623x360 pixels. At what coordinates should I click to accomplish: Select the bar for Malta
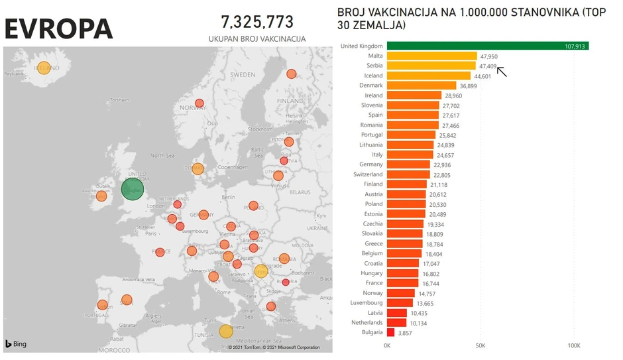(431, 56)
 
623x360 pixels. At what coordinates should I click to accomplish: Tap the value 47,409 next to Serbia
(486, 66)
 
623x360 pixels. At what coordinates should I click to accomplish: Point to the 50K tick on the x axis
(481, 346)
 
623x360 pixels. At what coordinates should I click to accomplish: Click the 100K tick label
(574, 346)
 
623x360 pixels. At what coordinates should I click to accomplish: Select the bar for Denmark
(422, 86)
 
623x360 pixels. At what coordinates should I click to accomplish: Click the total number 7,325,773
(257, 22)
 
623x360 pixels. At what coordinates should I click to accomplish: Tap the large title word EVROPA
(59, 29)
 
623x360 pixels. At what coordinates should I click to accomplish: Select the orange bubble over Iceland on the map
(44, 68)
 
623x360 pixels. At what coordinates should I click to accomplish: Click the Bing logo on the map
(17, 344)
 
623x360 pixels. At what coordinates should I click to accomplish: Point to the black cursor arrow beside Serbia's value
(502, 72)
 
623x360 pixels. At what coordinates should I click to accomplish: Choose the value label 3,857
(406, 332)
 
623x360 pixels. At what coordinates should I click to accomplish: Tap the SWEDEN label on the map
(243, 76)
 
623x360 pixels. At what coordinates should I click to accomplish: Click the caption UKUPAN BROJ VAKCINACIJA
(257, 39)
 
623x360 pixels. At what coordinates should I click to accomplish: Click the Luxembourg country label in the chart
(366, 302)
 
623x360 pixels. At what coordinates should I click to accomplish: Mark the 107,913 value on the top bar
(574, 46)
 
